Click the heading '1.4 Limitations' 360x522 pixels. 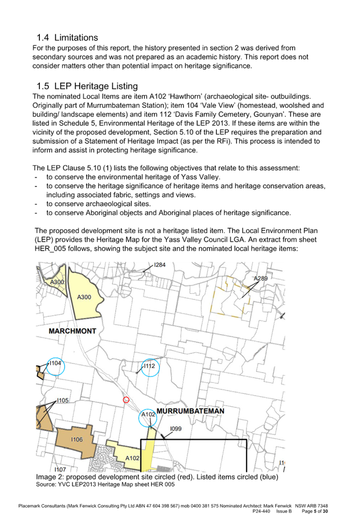pyautogui.click(x=67, y=38)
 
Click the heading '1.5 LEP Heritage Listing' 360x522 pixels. pyautogui.click(x=87, y=86)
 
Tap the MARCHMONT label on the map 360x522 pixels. pyautogui.click(x=72, y=332)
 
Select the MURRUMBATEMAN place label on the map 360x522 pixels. pyautogui.click(x=190, y=411)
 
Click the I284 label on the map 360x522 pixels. pyautogui.click(x=160, y=265)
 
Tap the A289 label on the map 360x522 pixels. pyautogui.click(x=261, y=278)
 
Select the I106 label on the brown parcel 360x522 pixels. pyautogui.click(x=76, y=439)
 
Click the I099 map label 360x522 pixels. pyautogui.click(x=176, y=429)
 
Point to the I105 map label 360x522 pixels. pyautogui.click(x=62, y=401)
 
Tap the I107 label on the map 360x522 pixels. pyautogui.click(x=60, y=469)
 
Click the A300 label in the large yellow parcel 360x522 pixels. pyautogui.click(x=84, y=297)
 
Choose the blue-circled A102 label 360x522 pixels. pyautogui.click(x=148, y=415)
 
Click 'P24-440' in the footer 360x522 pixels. pyautogui.click(x=261, y=511)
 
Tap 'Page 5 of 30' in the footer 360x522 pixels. pyautogui.click(x=315, y=511)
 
